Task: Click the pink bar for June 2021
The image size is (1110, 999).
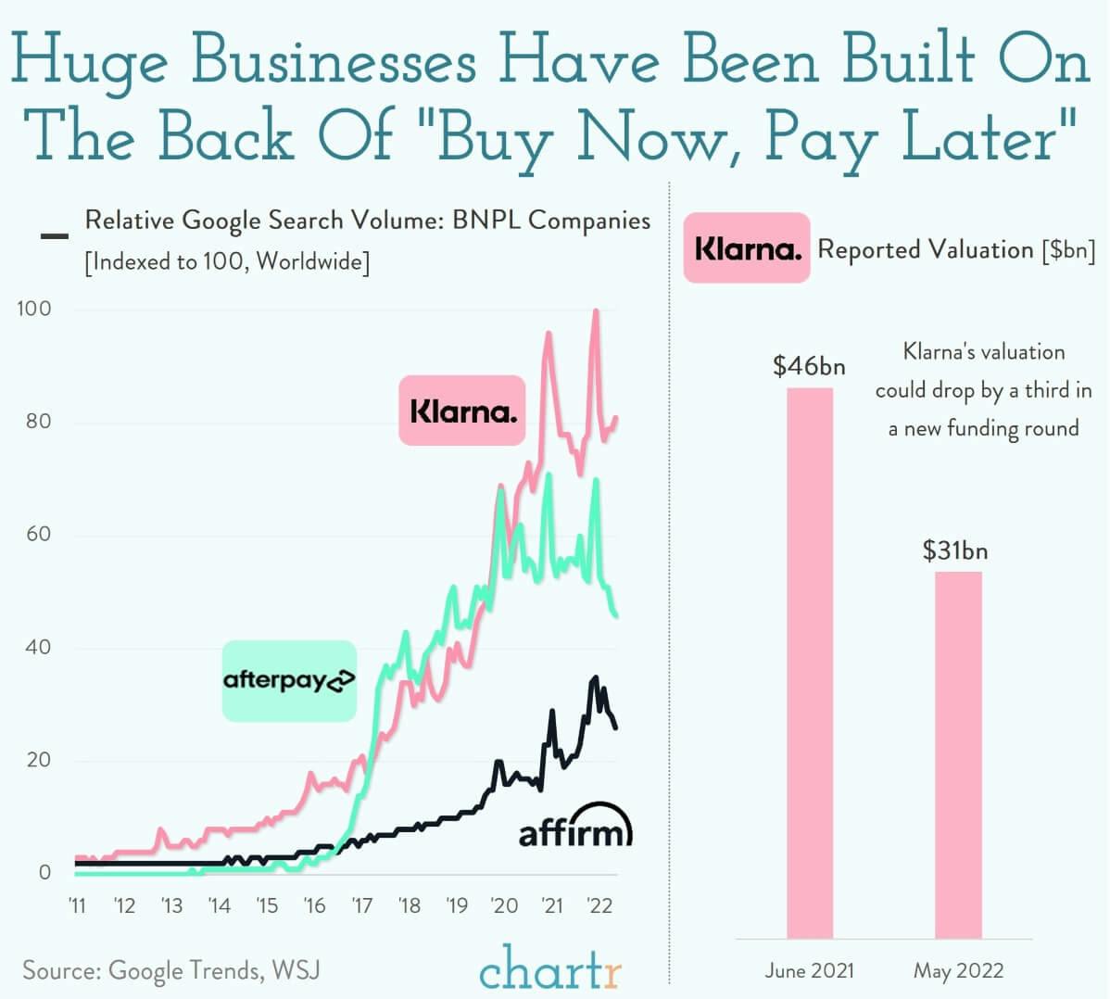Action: (x=810, y=663)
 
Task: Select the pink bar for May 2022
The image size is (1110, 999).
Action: (x=958, y=754)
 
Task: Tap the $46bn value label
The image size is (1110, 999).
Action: (x=809, y=366)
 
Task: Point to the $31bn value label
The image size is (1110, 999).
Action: (x=955, y=550)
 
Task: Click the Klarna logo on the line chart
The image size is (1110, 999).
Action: (x=462, y=411)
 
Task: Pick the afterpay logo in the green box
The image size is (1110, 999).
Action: (x=289, y=681)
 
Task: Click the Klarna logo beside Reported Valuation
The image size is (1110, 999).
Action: (x=747, y=248)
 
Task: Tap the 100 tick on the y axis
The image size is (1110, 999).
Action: (x=34, y=309)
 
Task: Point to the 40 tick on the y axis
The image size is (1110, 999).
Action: (x=37, y=647)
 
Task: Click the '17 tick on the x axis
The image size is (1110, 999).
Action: (x=361, y=905)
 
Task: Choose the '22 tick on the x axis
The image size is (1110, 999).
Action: (x=599, y=905)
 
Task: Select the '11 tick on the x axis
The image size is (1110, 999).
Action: (x=77, y=905)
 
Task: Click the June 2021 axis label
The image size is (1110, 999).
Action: (x=809, y=970)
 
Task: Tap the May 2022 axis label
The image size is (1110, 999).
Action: (x=958, y=970)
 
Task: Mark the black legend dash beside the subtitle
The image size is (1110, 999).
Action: (x=55, y=236)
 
